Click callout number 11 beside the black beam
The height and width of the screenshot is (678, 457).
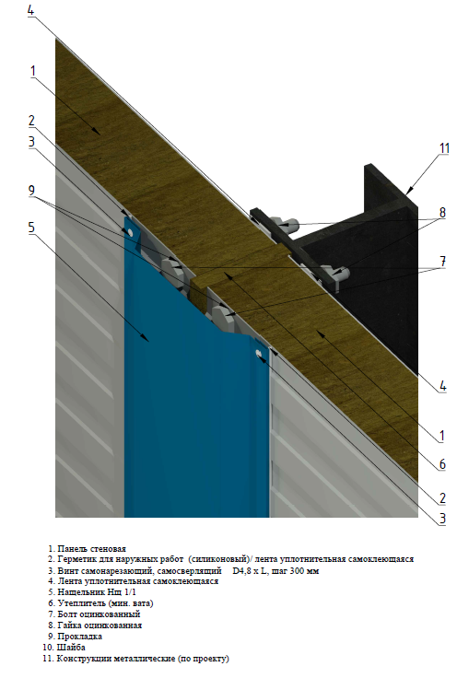(444, 148)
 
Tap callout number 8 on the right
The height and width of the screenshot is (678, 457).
(442, 212)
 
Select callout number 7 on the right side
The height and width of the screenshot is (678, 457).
(443, 262)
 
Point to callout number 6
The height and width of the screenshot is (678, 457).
(442, 464)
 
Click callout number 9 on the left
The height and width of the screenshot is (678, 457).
(31, 191)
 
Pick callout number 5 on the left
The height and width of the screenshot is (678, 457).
(31, 228)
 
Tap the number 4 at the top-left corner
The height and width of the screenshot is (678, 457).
(30, 10)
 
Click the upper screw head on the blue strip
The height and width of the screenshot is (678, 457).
(130, 232)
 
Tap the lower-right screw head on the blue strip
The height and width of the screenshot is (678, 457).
(259, 353)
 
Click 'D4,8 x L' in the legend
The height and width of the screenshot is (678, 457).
(250, 571)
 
